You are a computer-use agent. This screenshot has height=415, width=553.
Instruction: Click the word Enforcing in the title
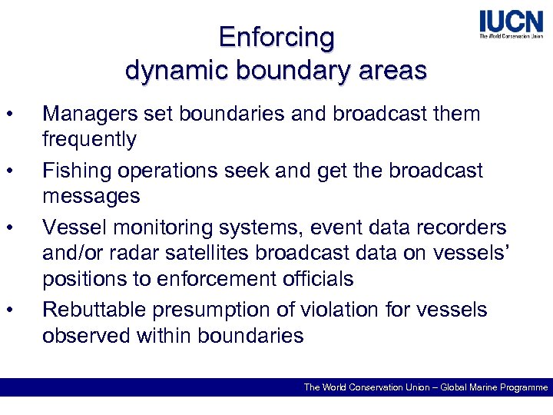276,37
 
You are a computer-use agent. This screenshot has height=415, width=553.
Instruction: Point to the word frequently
89,139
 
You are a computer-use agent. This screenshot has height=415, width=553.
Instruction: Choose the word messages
91,196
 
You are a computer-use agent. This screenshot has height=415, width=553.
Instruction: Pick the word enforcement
245,279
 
